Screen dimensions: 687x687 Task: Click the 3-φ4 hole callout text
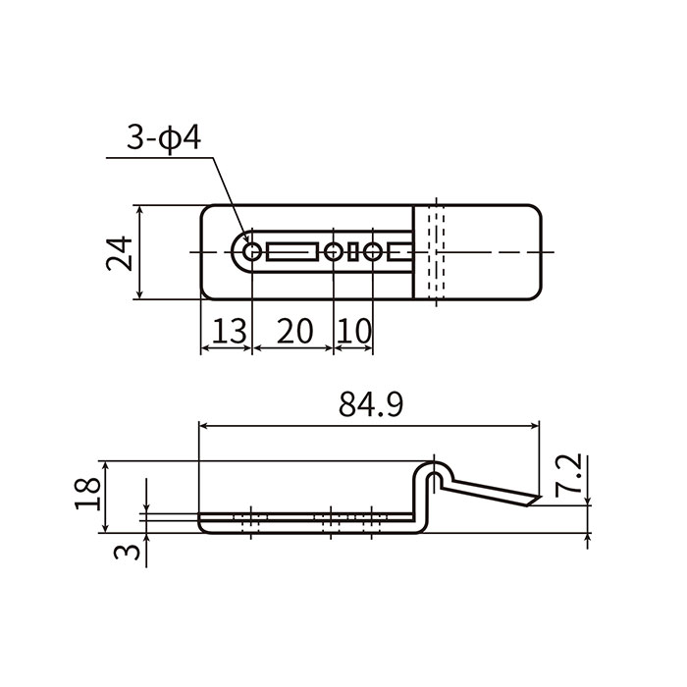click(164, 138)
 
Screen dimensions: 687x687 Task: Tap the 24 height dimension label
click(120, 253)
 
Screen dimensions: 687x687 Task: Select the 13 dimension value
click(229, 332)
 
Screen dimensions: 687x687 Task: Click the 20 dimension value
click(295, 332)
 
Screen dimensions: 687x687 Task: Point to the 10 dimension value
click(355, 332)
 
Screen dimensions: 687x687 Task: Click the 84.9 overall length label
click(371, 404)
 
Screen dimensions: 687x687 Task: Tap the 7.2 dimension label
click(568, 475)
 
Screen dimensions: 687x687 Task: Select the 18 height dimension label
click(88, 494)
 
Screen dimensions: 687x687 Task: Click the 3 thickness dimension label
click(127, 552)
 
